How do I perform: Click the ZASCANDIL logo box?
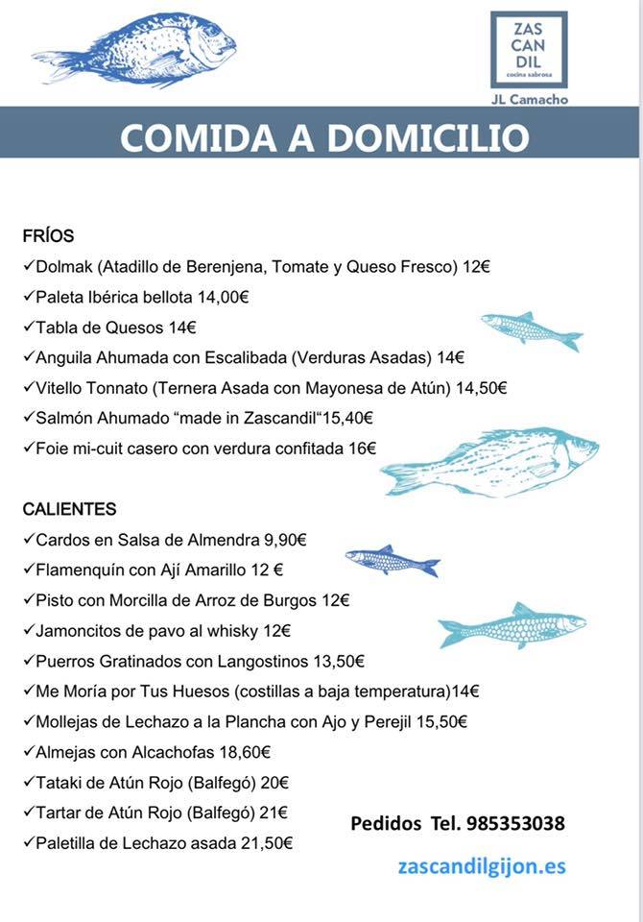point(528,49)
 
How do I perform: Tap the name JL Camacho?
point(529,99)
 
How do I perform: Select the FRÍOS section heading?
point(48,236)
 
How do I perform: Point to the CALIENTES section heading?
point(70,509)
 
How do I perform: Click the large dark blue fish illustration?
point(134,50)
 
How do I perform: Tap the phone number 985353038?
point(515,823)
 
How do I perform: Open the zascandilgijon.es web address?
point(482,865)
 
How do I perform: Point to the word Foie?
point(53,448)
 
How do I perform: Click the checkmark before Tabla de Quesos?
point(28,328)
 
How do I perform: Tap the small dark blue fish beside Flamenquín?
point(392,561)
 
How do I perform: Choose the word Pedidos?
point(386,823)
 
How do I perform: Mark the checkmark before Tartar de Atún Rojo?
point(28,813)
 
